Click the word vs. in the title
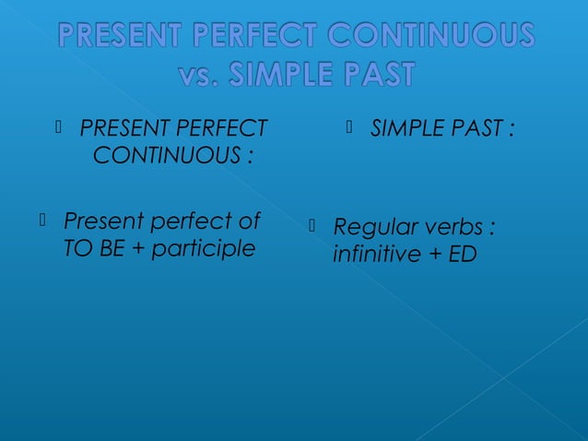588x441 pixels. [204, 75]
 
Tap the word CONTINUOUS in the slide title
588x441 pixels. [423, 38]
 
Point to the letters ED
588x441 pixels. [464, 253]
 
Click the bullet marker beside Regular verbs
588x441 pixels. [313, 224]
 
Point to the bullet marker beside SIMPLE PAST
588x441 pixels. [351, 126]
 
